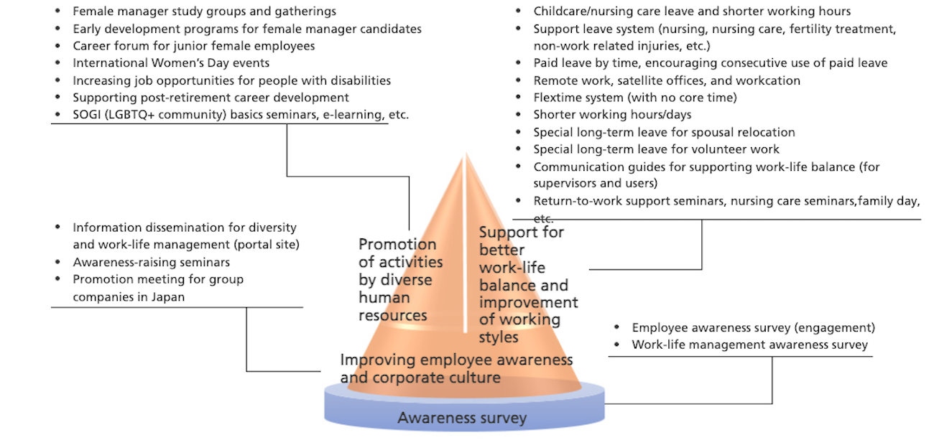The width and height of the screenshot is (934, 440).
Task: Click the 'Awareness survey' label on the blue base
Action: tap(462, 418)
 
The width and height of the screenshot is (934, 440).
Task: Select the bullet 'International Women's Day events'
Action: tap(171, 63)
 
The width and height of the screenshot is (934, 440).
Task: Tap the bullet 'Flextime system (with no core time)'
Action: tap(635, 98)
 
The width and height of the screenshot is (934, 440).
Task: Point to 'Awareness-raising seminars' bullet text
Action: tap(151, 262)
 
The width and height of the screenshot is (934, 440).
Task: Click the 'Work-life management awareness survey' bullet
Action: tap(749, 345)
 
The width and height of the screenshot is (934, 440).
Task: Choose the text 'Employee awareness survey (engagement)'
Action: tap(753, 327)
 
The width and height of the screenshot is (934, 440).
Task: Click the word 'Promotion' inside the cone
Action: tap(397, 245)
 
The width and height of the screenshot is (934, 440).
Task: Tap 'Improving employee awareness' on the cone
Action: tap(456, 360)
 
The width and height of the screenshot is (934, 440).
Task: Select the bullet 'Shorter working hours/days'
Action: tap(612, 115)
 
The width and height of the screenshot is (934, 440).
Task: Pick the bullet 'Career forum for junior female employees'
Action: tap(194, 46)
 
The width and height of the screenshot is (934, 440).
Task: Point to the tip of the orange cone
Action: tap(466, 154)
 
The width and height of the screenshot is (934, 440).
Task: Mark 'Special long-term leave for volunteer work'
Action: tap(656, 149)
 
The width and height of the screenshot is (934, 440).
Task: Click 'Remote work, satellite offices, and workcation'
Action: tap(667, 80)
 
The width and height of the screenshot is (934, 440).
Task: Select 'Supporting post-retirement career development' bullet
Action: tap(211, 98)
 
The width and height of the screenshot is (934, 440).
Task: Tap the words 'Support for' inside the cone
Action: tap(522, 233)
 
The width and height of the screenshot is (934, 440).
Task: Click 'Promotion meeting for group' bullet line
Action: tap(158, 279)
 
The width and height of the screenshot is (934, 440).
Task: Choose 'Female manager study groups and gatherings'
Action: tap(204, 11)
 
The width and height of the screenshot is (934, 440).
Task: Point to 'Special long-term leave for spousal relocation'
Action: tap(664, 132)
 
